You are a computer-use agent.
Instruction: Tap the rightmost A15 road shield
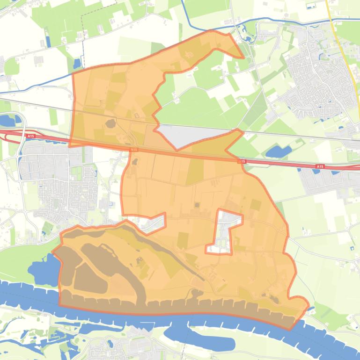point(320,166)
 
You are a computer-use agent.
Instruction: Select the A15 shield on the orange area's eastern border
point(242,161)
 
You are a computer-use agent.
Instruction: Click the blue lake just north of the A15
point(278,151)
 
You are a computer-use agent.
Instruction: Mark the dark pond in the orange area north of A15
point(111,124)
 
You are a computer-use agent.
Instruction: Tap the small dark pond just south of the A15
point(135,162)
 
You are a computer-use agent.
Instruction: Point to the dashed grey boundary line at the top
point(83,28)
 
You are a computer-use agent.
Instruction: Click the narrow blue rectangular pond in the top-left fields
point(48,41)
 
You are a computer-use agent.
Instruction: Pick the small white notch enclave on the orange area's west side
point(154,223)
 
